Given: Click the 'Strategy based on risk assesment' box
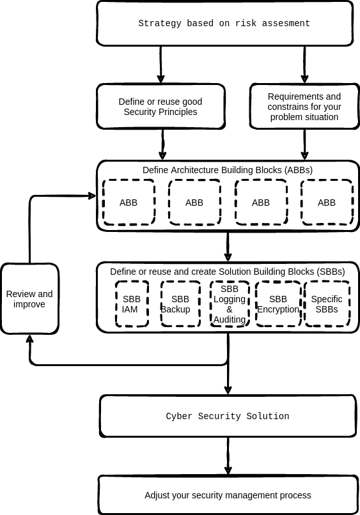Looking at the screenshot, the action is (x=224, y=23).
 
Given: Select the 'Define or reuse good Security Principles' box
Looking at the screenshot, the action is (x=160, y=107).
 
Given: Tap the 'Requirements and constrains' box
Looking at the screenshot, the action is (x=304, y=107).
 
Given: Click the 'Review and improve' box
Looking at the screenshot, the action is (x=29, y=299).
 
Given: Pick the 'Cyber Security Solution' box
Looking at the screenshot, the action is (x=228, y=416).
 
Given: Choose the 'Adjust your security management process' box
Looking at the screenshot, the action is (x=228, y=495).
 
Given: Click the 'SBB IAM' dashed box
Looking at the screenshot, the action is (x=132, y=304).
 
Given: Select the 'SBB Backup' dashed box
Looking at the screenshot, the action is (x=180, y=304).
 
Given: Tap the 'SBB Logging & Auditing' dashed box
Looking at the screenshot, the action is (x=230, y=304).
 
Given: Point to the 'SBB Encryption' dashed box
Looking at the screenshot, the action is (x=278, y=304).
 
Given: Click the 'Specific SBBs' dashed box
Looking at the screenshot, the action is (x=327, y=304).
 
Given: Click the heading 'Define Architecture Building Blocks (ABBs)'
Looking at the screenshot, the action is (x=228, y=170).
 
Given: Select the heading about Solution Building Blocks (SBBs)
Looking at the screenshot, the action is (x=228, y=272).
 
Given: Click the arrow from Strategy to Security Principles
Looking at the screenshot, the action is (x=160, y=65).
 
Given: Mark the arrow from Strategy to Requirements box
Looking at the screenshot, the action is (x=304, y=65).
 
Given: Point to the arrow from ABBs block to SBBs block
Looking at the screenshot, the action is (x=228, y=247).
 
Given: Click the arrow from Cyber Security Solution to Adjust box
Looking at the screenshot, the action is (x=228, y=456).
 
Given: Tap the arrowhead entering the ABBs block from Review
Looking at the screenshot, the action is (x=91, y=196).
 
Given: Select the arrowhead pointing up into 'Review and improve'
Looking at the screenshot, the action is (x=30, y=339).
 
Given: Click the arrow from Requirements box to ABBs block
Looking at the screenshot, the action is (x=304, y=144).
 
